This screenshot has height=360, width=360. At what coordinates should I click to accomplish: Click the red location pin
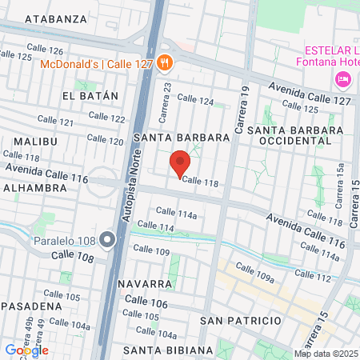180,162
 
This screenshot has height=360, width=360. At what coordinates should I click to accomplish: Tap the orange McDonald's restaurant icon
164,62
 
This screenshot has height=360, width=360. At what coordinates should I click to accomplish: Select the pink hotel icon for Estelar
343,78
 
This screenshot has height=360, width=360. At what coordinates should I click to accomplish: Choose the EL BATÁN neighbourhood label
90,96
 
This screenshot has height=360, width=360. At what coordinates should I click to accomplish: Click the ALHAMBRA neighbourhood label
34,188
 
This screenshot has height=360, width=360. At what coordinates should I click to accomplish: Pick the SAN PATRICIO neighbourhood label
241,321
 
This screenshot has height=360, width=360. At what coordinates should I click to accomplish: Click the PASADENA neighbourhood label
31,306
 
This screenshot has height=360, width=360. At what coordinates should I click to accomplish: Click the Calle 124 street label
196,100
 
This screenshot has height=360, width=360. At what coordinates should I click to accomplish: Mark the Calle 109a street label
254,270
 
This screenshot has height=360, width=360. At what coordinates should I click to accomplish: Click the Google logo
27,350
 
